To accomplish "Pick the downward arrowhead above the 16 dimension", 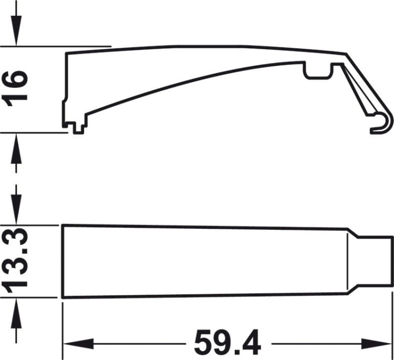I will pyautogui.click(x=16, y=35).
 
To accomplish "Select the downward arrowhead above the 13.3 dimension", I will pyautogui.click(x=16, y=214).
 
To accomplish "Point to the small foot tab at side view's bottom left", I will pyautogui.click(x=79, y=127).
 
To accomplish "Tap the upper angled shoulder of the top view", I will pyautogui.click(x=354, y=233).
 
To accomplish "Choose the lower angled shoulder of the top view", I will pyautogui.click(x=354, y=291).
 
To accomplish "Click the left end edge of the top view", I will pyautogui.click(x=63, y=261).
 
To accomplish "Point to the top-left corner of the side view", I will pyautogui.click(x=66, y=53).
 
